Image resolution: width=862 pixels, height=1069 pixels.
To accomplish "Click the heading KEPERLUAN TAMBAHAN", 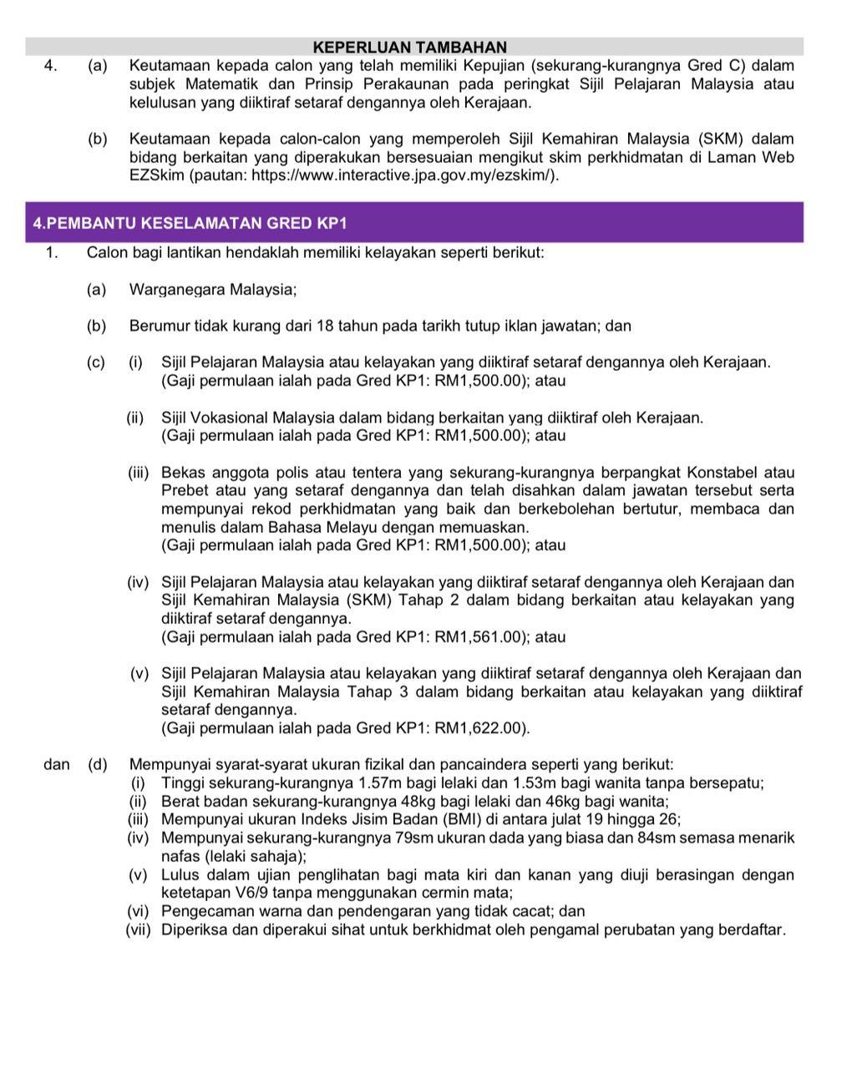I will point(409,48).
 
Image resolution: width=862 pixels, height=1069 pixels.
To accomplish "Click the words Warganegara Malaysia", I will point(212,290).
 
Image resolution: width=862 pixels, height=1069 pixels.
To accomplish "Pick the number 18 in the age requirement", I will point(326,326).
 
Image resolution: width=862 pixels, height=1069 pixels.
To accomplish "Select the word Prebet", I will point(183,491).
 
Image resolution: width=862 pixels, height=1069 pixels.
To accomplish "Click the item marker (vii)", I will point(139,930).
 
